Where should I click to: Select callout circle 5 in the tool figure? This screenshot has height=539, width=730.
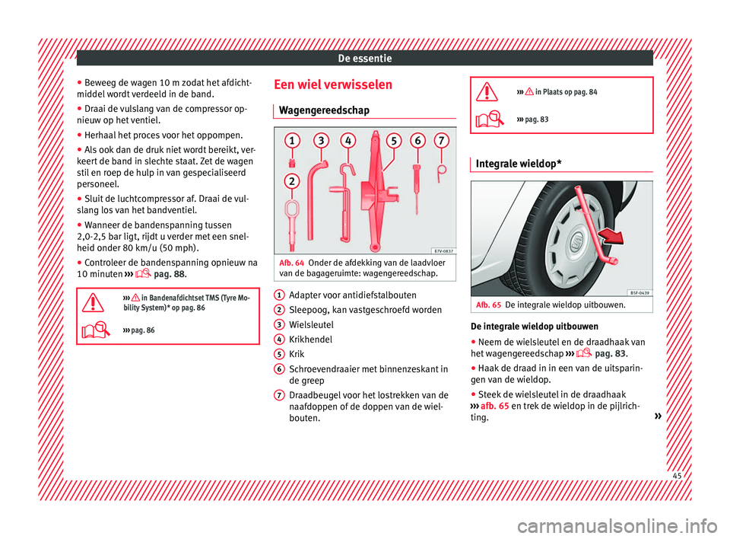394,142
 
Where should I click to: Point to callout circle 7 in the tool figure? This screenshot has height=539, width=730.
440,142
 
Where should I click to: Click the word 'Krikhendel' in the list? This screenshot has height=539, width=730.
310,339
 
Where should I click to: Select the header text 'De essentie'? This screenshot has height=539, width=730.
364,57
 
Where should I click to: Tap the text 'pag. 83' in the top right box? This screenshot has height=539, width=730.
538,120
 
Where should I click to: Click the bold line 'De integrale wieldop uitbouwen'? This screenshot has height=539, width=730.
535,327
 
